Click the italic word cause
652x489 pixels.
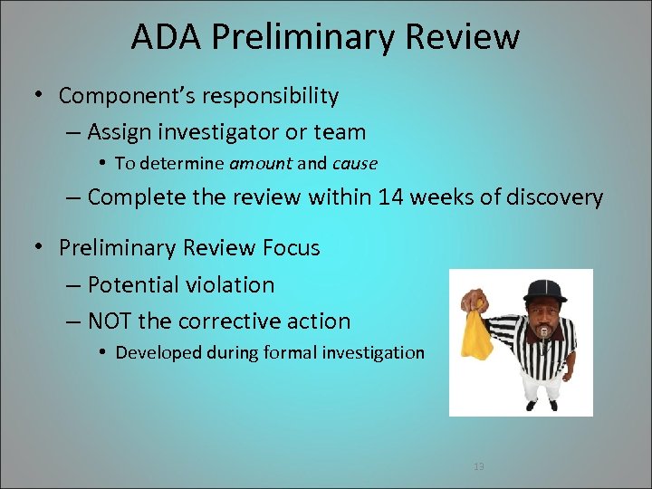(x=355, y=164)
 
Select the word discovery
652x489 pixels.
(x=551, y=197)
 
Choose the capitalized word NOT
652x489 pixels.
(x=111, y=321)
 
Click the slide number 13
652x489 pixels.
(x=479, y=466)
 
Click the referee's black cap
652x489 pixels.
(x=543, y=291)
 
